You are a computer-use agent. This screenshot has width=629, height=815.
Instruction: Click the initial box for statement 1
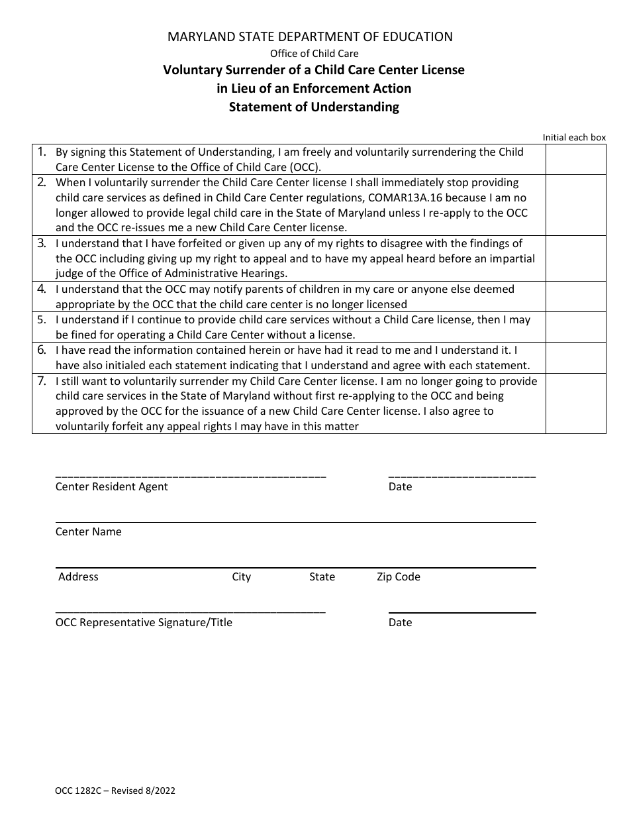(x=575, y=160)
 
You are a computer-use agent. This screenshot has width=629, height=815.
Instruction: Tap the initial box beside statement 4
(x=575, y=297)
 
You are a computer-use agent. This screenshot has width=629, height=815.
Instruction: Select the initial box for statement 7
(x=575, y=404)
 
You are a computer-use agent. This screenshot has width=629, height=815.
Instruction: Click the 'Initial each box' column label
(x=574, y=138)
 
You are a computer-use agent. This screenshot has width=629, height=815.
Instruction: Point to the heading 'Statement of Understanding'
(x=314, y=107)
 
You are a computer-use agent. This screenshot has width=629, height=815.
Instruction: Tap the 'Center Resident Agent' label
(x=111, y=487)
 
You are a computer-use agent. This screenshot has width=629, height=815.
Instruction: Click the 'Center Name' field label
(x=88, y=532)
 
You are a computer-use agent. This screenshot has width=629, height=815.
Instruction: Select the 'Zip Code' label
(x=399, y=577)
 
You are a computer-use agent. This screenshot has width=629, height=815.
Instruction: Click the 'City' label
(x=241, y=577)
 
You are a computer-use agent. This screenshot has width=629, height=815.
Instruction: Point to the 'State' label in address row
(x=322, y=577)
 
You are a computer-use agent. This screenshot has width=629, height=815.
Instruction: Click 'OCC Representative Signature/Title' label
(x=144, y=623)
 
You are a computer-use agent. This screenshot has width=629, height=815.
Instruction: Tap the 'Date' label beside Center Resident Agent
(x=400, y=487)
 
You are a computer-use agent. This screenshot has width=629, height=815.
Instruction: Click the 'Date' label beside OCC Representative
(x=400, y=623)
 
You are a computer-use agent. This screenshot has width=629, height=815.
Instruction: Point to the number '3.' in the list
(x=41, y=243)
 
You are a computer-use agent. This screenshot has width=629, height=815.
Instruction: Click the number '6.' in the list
(x=41, y=350)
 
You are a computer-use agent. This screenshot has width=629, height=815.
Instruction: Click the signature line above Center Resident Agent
(x=191, y=477)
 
